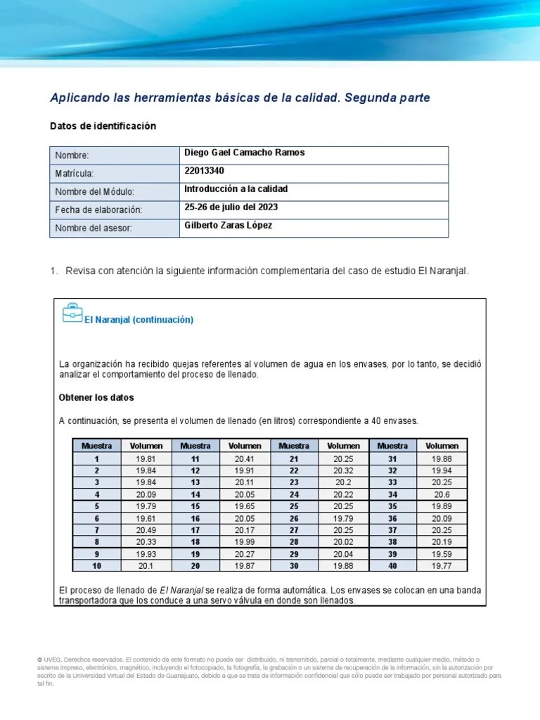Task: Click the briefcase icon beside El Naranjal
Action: click(72, 314)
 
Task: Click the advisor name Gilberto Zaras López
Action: click(228, 226)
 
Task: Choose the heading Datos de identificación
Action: click(103, 126)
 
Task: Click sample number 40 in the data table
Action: click(392, 565)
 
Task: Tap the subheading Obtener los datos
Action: click(96, 397)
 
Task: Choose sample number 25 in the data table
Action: click(294, 506)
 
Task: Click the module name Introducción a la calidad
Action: click(236, 189)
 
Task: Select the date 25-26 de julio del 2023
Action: click(231, 207)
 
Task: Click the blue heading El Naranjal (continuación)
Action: click(139, 319)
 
